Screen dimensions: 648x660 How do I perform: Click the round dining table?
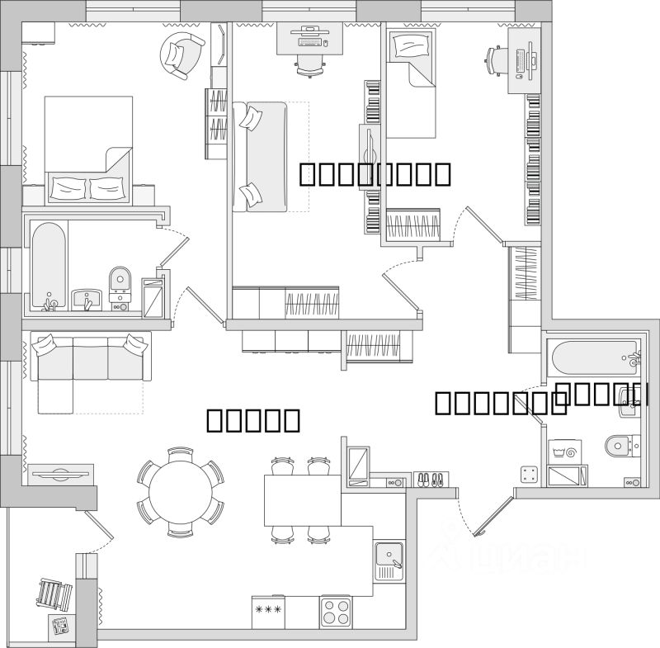tap(180, 493)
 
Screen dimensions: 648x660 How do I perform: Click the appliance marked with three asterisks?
tap(268, 612)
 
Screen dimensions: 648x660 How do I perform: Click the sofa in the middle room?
tap(260, 157)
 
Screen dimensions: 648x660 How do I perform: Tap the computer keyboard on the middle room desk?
tap(309, 41)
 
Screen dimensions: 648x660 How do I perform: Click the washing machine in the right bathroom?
tap(567, 451)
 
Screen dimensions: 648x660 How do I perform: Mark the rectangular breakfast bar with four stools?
tap(302, 499)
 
